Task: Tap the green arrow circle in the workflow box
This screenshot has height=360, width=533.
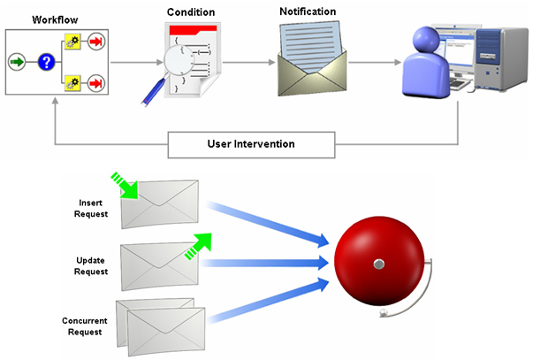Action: point(17,63)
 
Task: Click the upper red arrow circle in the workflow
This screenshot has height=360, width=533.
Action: point(95,42)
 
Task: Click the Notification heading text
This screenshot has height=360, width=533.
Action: point(306,11)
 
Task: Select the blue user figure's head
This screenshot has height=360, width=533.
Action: point(423,41)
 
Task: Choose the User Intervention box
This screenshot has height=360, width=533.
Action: point(251,143)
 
